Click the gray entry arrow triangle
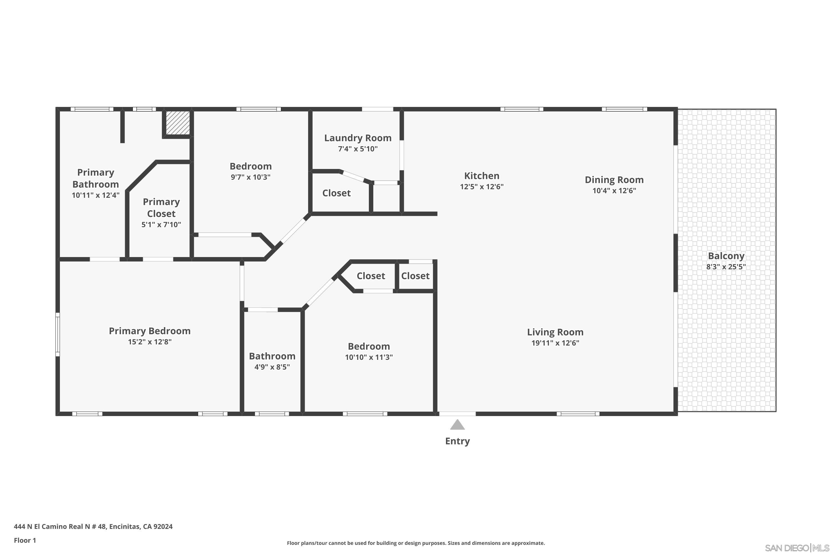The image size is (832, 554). click(457, 425)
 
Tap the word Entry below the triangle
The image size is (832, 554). click(457, 441)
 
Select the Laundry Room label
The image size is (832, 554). click(358, 138)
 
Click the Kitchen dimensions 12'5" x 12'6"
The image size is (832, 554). click(481, 186)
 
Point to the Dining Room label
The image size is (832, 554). click(614, 180)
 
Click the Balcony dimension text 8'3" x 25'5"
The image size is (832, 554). click(726, 267)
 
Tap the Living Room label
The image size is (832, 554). click(555, 332)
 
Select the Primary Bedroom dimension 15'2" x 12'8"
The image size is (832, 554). click(150, 342)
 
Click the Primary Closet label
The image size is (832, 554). click(161, 208)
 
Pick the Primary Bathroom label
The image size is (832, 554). click(95, 178)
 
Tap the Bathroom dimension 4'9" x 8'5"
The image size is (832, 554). click(272, 367)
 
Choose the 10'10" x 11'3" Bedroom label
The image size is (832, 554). click(369, 346)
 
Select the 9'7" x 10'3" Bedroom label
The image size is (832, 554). click(250, 166)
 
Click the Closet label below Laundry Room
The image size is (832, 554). click(336, 193)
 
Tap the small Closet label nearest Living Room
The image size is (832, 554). click(415, 276)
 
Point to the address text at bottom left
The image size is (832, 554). click(93, 527)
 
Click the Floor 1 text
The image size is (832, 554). click(25, 540)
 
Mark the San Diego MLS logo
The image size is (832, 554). click(797, 548)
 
